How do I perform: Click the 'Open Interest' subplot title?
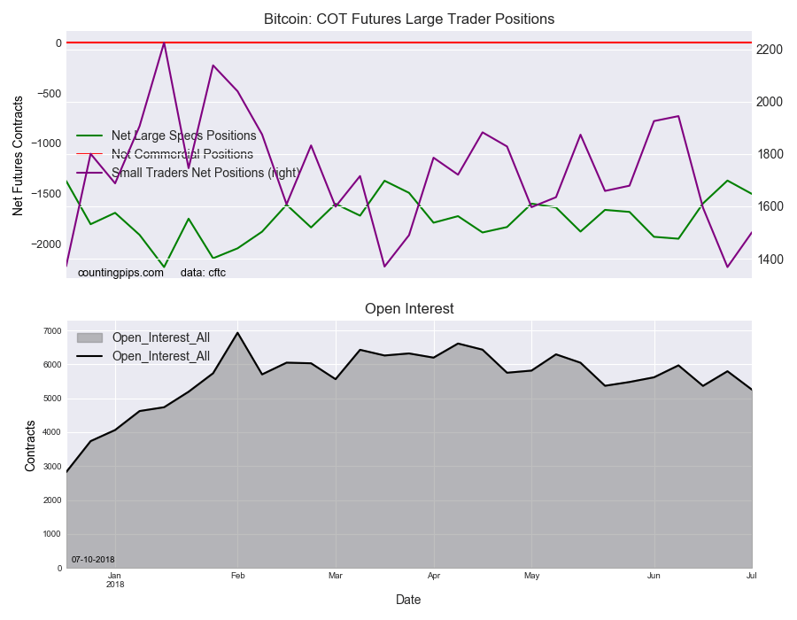point(409,308)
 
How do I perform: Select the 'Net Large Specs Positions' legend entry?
point(183,136)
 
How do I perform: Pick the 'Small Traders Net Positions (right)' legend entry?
point(205,173)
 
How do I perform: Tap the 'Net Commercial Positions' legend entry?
point(182,154)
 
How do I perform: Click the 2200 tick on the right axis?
point(768,50)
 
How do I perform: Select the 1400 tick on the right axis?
point(768,260)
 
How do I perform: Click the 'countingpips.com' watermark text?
point(120,273)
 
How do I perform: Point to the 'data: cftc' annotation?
point(203,273)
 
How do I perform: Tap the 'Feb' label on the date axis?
point(237,576)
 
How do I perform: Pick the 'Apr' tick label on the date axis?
point(433,576)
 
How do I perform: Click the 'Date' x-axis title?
point(408,600)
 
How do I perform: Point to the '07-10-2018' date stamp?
point(93,560)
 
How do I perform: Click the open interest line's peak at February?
point(237,333)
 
